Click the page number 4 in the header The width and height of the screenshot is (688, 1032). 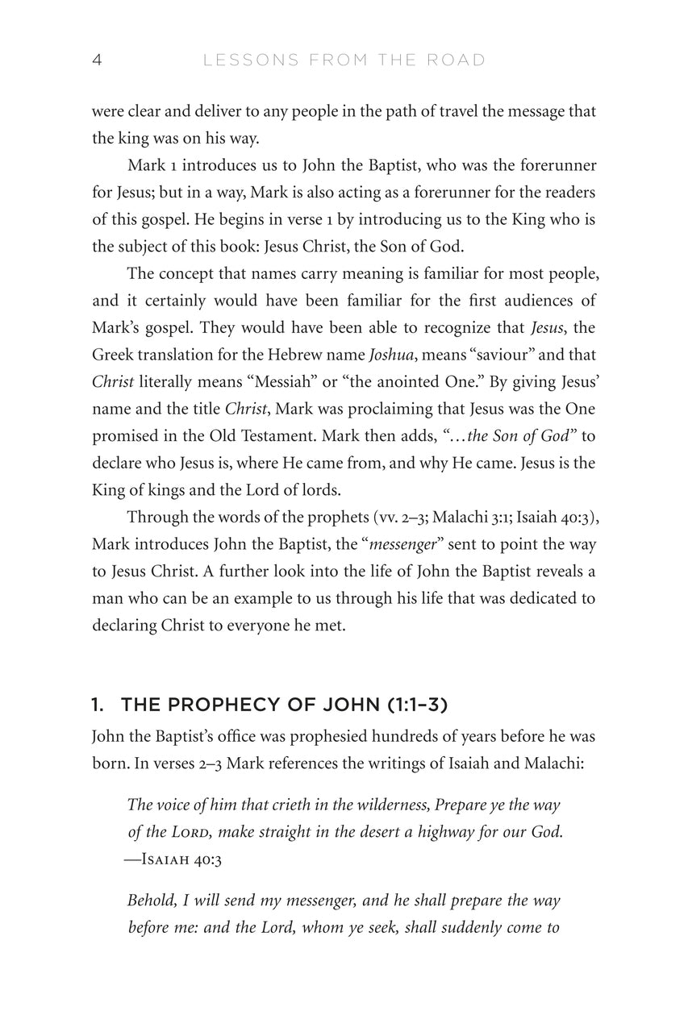click(97, 60)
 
